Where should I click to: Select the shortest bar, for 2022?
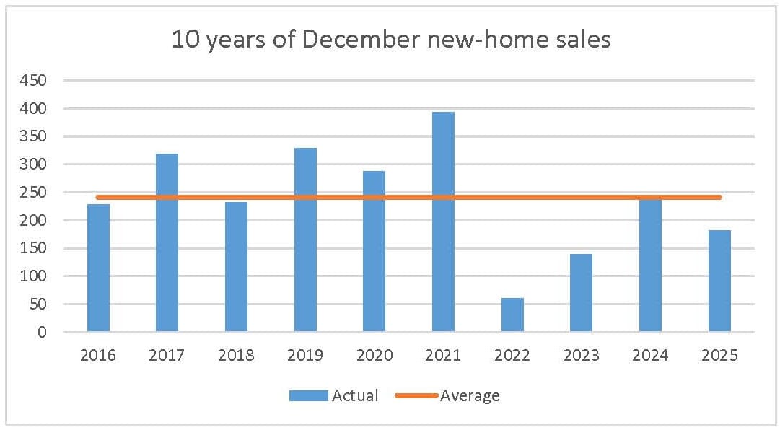[512, 315]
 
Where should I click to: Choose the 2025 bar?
[719, 281]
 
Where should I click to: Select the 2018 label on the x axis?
[236, 355]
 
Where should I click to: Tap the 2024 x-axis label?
[650, 355]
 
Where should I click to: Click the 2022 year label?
[512, 355]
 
